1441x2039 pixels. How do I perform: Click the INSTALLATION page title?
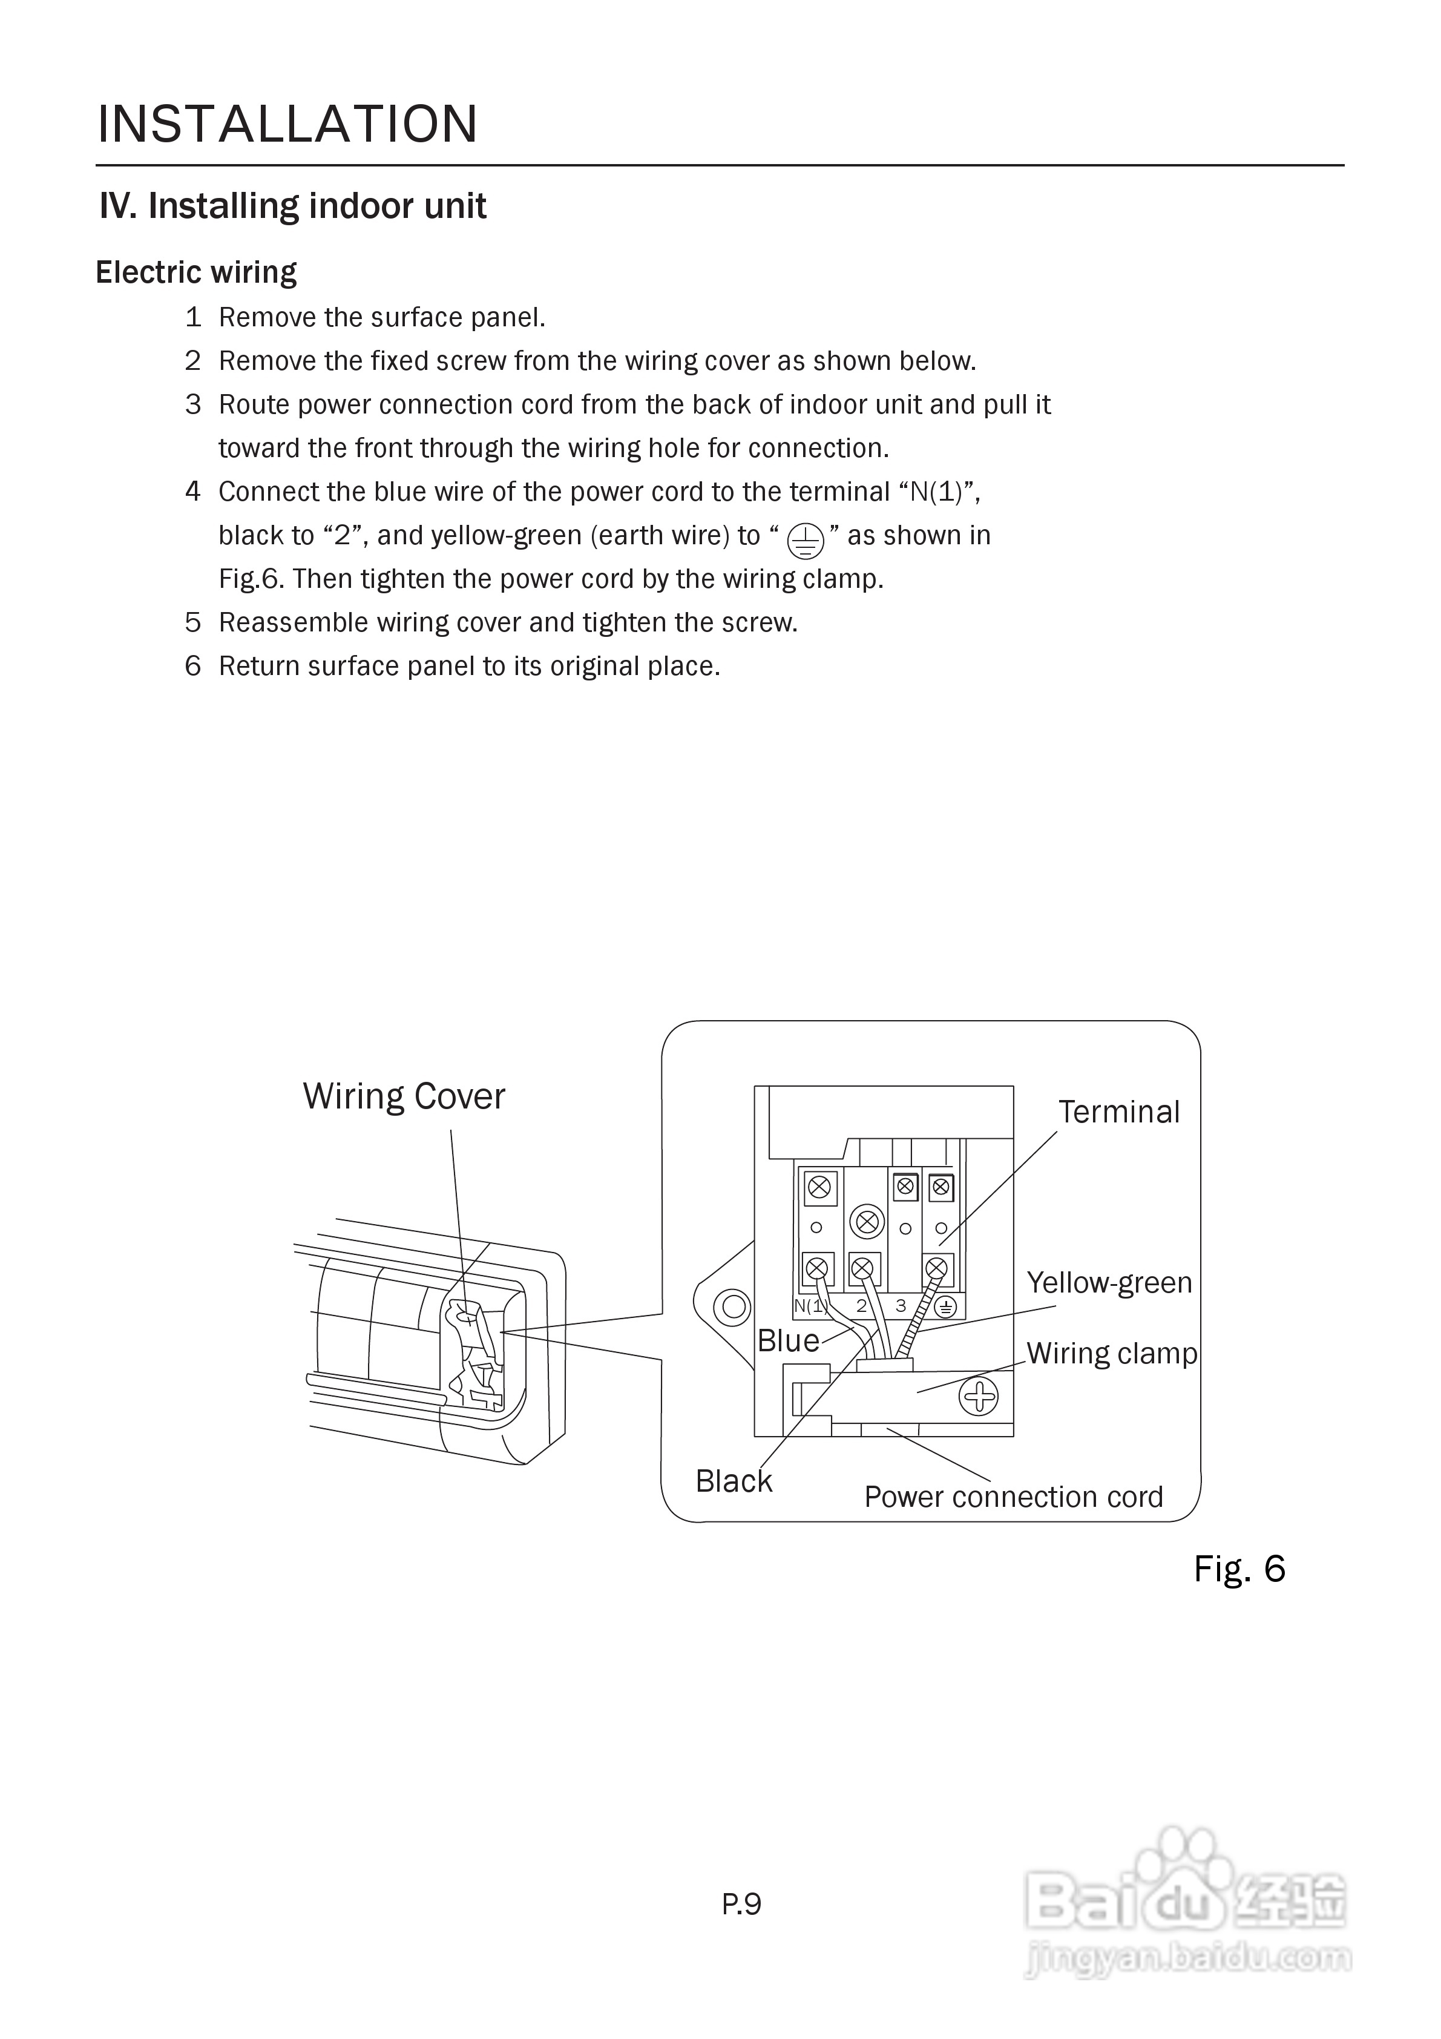[x=287, y=124]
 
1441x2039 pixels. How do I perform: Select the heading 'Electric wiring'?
[x=196, y=272]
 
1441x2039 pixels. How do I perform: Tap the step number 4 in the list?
[x=192, y=491]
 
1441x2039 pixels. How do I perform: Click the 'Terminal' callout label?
[x=1118, y=1112]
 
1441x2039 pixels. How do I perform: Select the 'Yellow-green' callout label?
[x=1109, y=1282]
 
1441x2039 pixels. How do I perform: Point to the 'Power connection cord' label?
[x=1013, y=1497]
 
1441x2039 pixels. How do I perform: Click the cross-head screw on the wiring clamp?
[x=979, y=1397]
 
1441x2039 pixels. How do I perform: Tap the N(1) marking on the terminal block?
[x=810, y=1305]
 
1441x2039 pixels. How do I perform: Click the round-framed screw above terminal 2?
[x=867, y=1222]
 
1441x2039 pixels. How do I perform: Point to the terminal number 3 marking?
[x=901, y=1305]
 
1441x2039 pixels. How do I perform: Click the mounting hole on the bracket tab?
[x=734, y=1306]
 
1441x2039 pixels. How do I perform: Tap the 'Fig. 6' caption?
[x=1239, y=1569]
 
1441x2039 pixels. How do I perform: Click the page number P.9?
[x=741, y=1904]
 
